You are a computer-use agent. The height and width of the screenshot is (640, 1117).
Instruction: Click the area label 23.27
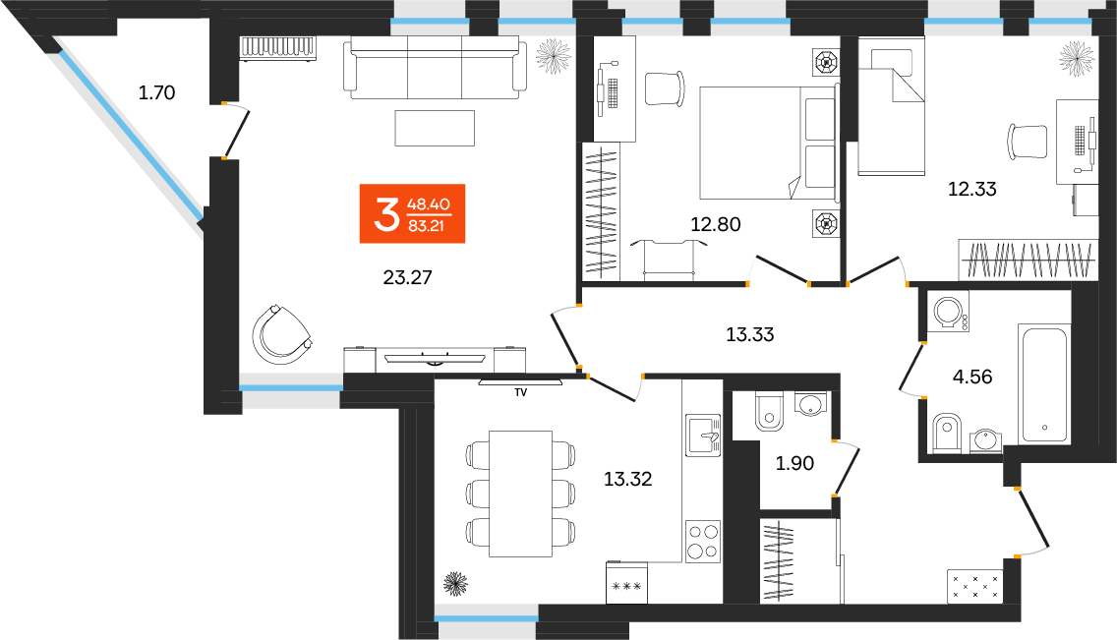pos(407,278)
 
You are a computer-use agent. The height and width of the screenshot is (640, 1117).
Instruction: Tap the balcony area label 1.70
pos(156,94)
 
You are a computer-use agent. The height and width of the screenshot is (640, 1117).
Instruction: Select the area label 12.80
pos(715,224)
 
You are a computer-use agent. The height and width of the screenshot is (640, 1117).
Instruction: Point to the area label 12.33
pos(971,190)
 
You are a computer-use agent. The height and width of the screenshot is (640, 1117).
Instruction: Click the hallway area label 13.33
pos(749,334)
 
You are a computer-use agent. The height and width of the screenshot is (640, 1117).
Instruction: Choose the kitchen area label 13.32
pos(628,480)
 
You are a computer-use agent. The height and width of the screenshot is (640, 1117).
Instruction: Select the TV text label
pos(520,392)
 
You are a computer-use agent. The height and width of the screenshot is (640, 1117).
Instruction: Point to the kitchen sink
pos(704,434)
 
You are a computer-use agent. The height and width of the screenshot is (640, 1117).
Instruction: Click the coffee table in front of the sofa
pos(435,128)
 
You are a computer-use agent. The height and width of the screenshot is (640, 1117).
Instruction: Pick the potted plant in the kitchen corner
pos(455,584)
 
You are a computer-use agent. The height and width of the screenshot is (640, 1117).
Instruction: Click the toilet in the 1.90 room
pos(767,412)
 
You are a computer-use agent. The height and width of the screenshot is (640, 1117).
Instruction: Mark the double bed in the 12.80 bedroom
pos(765,143)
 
